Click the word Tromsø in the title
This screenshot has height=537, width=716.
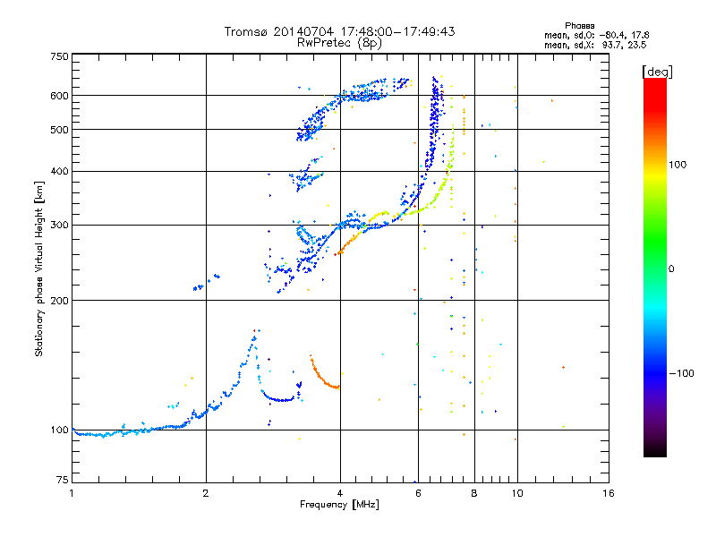click(247, 31)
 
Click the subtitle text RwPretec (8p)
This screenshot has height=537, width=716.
click(339, 43)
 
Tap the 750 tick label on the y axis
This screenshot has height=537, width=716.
click(59, 56)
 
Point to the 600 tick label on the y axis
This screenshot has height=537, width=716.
click(59, 96)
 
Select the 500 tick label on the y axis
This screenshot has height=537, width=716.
click(59, 130)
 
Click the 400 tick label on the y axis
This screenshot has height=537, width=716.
click(59, 171)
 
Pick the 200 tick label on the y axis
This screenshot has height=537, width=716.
click(59, 301)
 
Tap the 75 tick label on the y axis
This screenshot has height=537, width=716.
click(63, 480)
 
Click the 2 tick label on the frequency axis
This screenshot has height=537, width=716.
click(206, 493)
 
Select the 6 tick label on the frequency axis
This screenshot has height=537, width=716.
click(418, 493)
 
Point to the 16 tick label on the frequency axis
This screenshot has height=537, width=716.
click(609, 493)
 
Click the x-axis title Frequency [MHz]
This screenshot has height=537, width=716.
click(339, 505)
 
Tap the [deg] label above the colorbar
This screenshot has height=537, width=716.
click(657, 72)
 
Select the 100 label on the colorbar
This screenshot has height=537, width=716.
click(678, 165)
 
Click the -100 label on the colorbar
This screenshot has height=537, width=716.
click(682, 373)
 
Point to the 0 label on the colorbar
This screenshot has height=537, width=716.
click(671, 269)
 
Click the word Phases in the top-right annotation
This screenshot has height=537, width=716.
click(579, 26)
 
